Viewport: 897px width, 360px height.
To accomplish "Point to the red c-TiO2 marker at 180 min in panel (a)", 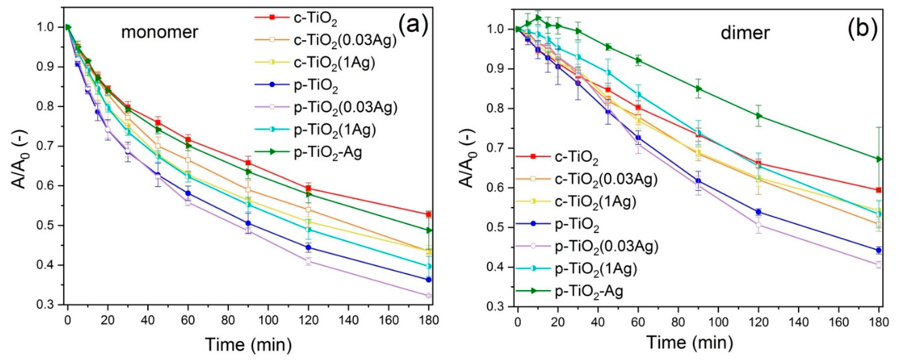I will point(429,214).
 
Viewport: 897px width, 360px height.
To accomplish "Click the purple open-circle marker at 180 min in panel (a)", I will point(429,296).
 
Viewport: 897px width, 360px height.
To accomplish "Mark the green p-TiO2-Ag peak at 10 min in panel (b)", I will point(538,17).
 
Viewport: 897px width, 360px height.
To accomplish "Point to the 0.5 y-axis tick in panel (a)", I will point(52,226).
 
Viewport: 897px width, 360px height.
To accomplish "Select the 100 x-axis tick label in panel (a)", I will point(268,321).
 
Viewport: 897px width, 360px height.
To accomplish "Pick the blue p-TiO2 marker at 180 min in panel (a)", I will point(429,279).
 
